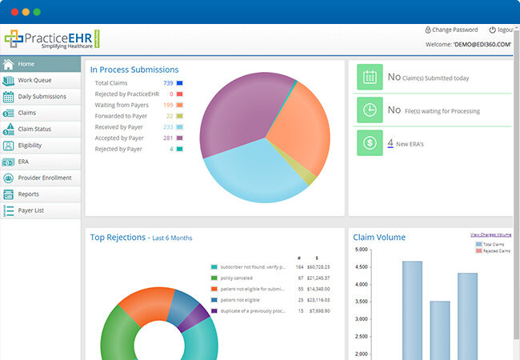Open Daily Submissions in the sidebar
pos(42,97)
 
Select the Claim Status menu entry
pos(36,130)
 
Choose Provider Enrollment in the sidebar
pos(44,178)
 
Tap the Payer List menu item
pos(33,210)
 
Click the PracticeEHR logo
pos(50,39)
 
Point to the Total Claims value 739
pos(168,83)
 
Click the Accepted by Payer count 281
pos(168,138)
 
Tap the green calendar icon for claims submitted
pos(370,78)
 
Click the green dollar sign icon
pos(370,143)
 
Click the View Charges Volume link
pos(490,234)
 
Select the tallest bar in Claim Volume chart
pos(412,308)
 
